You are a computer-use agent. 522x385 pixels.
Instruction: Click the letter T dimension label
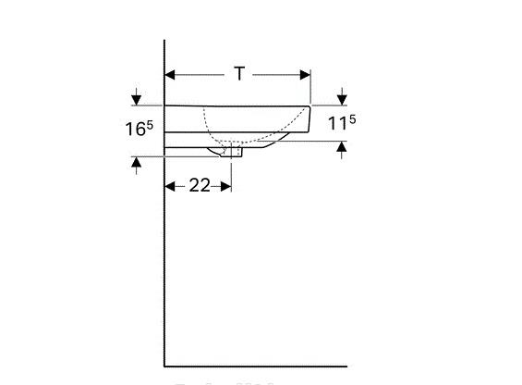point(239,74)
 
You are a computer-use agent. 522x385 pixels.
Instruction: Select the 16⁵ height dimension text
point(139,128)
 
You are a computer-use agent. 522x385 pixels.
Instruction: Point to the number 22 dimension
point(200,185)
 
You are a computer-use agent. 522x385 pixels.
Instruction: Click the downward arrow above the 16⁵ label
point(137,97)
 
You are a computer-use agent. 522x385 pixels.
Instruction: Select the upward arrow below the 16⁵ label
point(137,164)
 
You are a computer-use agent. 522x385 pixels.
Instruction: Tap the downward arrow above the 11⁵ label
point(343,97)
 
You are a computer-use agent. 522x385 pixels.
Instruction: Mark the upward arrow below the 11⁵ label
point(343,146)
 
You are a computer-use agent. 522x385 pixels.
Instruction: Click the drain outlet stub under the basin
point(231,152)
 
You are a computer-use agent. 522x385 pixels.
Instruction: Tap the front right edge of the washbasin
point(310,117)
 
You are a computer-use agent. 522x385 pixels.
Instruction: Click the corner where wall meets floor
point(164,366)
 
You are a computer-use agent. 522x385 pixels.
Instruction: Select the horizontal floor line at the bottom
point(259,366)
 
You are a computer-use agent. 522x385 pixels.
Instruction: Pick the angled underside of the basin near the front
point(277,139)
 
